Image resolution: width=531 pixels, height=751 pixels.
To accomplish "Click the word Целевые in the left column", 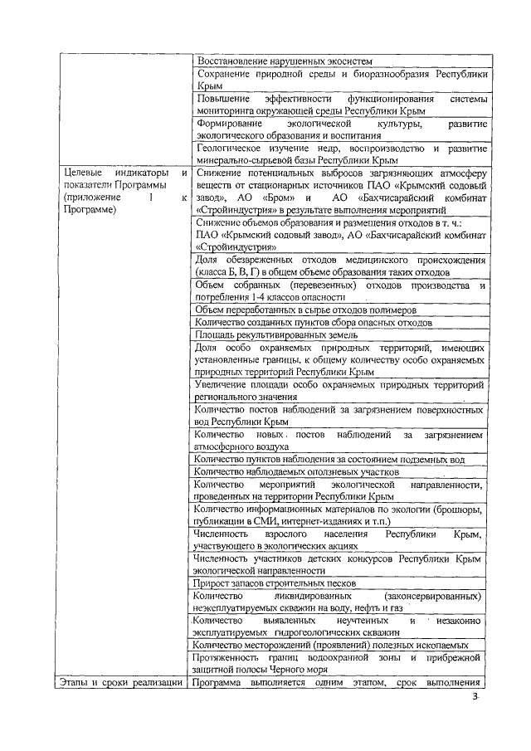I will (x=80, y=172).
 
